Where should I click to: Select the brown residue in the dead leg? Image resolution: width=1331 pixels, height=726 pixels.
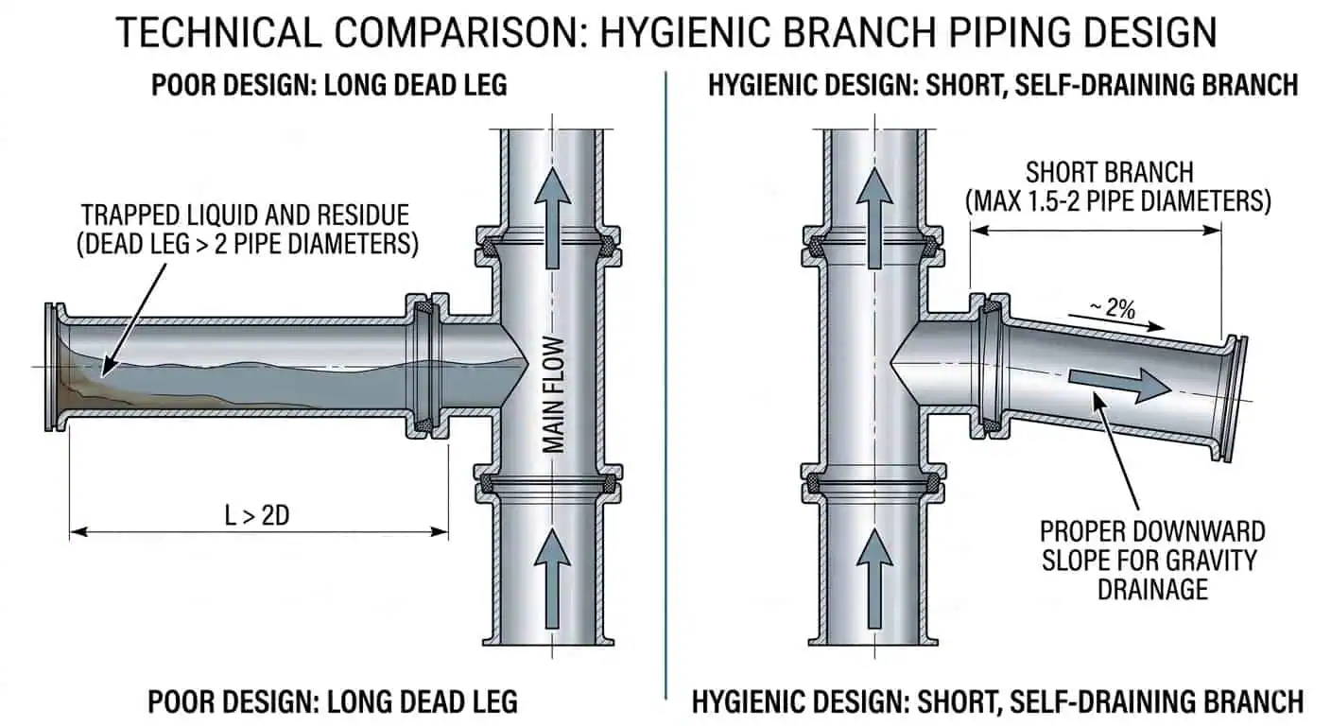(80, 383)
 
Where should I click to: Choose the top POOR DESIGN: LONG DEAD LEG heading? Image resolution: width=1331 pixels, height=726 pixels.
(329, 85)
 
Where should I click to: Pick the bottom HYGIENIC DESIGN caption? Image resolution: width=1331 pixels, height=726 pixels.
(997, 701)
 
